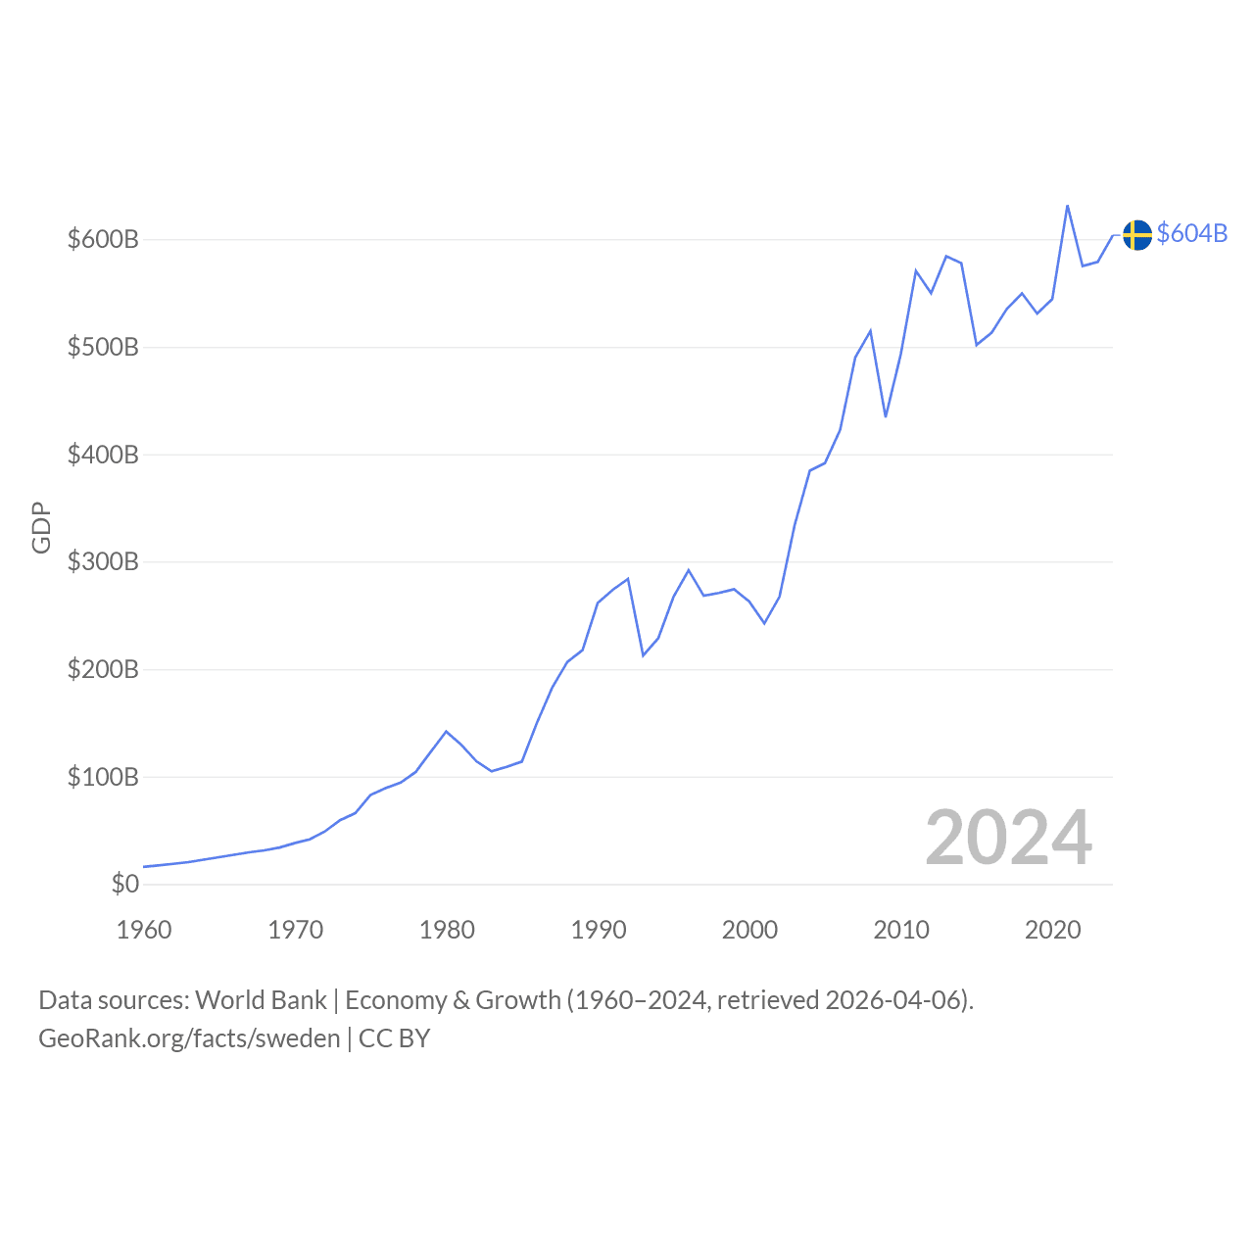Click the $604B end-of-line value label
click(1191, 233)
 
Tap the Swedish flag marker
click(1136, 235)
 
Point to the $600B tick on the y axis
click(103, 239)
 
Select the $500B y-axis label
click(103, 347)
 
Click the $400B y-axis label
click(103, 455)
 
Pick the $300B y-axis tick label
click(103, 561)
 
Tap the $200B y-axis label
click(103, 669)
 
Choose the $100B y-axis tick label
click(103, 777)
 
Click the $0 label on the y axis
click(125, 884)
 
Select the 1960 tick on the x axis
click(144, 930)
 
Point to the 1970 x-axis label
click(295, 930)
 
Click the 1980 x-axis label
click(447, 930)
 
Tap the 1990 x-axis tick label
click(599, 930)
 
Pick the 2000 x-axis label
click(749, 930)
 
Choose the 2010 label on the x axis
click(901, 930)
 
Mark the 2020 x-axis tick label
click(1052, 930)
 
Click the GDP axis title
click(41, 527)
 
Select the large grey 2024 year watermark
click(1008, 839)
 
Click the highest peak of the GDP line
click(1067, 206)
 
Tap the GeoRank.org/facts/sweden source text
click(189, 1038)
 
